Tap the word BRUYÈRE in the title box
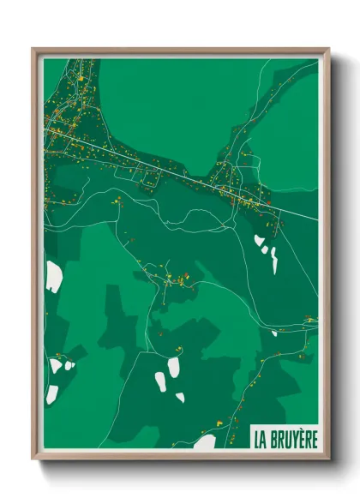pos(291,439)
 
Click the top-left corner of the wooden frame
pos(33,49)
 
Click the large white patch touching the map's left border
pos(53,276)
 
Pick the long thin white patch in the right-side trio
pos(274,260)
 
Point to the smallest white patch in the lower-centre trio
pos(180,397)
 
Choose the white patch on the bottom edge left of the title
pos(205,442)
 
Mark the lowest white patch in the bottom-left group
pos(52,394)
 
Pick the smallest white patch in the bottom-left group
pos(69,366)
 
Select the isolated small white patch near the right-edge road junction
pos(275,333)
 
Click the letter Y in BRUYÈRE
pos(292,439)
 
